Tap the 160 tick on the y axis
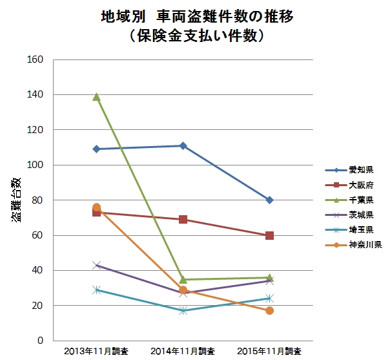36,60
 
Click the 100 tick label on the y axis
36,165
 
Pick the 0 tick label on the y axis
41,341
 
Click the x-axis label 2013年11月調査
97,351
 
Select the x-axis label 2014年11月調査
183,351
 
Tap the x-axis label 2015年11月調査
269,351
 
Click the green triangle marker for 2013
97,97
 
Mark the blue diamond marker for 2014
183,146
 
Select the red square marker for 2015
269,235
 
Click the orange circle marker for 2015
269,311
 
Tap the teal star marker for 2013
97,290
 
